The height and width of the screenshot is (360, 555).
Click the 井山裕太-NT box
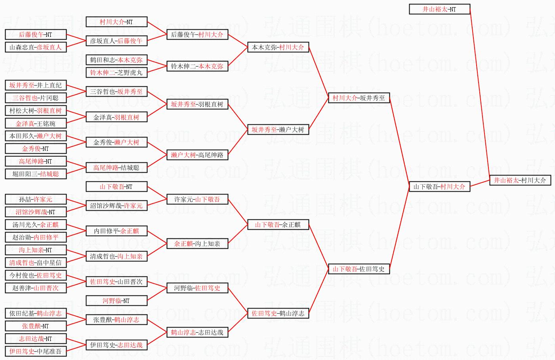439,9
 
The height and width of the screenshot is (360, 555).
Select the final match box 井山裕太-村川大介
520,180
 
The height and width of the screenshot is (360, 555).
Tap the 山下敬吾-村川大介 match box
439,187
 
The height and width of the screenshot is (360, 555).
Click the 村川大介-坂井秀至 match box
359,98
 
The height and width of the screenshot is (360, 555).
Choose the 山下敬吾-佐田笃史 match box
359,269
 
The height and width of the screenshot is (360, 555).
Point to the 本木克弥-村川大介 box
278,47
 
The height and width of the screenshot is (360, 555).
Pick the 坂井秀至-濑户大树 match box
278,130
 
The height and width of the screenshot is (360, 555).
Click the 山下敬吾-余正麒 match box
278,225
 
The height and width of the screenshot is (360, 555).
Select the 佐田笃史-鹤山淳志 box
278,313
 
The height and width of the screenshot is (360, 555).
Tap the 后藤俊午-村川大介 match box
197,34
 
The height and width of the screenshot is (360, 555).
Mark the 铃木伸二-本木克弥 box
197,66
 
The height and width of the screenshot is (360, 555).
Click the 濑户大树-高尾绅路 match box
197,155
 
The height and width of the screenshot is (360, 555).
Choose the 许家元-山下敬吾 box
197,199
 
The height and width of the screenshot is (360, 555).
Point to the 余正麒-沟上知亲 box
197,244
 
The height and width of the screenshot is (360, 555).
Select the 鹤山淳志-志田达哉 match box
197,332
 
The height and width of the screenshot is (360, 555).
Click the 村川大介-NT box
116,22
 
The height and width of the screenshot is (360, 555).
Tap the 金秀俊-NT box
35,149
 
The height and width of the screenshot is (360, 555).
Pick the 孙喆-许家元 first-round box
35,199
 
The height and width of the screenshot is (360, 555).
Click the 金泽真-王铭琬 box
35,123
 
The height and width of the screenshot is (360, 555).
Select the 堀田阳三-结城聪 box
35,174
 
